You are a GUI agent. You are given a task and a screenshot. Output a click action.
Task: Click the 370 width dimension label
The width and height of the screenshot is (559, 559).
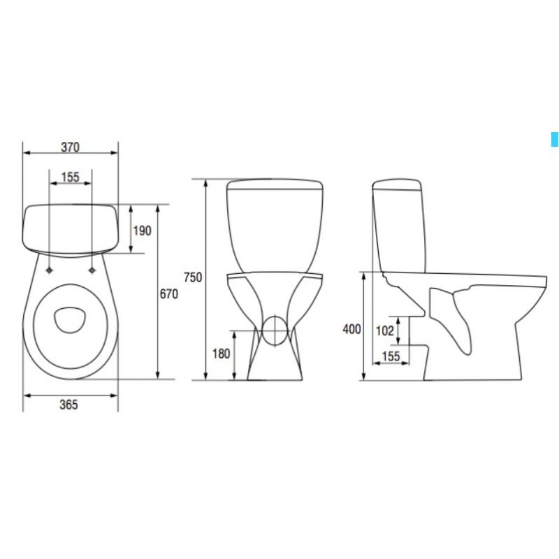[x=71, y=147]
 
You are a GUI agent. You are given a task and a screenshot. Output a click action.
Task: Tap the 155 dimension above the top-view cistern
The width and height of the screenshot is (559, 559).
[x=71, y=177]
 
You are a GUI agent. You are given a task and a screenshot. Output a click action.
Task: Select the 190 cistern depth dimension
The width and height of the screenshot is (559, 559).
[x=143, y=231]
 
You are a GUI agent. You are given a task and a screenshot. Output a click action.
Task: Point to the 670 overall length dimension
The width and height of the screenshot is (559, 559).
[x=168, y=293]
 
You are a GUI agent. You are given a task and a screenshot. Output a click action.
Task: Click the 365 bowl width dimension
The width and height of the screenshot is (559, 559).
[x=68, y=405]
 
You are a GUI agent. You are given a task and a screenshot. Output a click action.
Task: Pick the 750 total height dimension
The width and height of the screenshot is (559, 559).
[x=193, y=277]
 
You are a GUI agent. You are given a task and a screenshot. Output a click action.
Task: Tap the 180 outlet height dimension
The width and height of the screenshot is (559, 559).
[x=221, y=354]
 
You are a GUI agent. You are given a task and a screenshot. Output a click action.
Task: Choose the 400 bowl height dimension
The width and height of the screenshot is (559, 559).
[x=352, y=329]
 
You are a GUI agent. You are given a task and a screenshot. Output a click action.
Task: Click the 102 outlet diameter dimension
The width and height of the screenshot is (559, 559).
[x=385, y=331]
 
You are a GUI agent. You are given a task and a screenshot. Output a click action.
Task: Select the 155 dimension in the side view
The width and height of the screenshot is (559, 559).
[x=391, y=356]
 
